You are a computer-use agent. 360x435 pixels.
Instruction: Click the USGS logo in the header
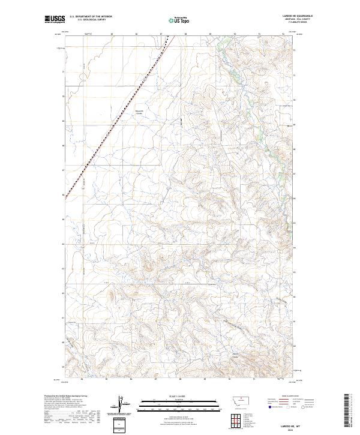point(54,19)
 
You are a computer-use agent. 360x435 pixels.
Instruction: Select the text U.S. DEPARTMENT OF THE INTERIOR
point(91,17)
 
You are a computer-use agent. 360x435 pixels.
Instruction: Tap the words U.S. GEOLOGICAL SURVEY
point(91,20)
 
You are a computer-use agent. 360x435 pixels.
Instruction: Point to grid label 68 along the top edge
point(185,34)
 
